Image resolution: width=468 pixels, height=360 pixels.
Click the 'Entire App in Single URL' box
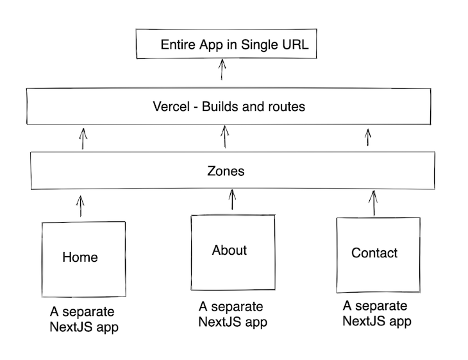[x=226, y=45]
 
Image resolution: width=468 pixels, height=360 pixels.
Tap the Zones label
[x=226, y=172]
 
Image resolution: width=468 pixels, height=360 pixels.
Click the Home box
[x=83, y=258]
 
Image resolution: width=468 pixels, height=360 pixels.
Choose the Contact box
[x=377, y=254]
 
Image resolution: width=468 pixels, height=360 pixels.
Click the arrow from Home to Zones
[x=80, y=206]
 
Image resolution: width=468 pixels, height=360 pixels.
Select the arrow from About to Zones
[x=232, y=200]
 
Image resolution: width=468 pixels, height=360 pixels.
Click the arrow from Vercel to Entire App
[x=222, y=69]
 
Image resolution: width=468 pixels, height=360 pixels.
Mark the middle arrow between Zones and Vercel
[x=224, y=137]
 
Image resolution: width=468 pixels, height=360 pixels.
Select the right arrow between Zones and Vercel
[x=368, y=137]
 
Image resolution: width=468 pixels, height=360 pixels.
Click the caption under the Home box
[x=84, y=319]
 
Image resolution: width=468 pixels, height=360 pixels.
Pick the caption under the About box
[x=232, y=314]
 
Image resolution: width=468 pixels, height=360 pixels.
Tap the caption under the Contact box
[x=376, y=313]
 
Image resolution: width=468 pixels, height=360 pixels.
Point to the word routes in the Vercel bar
[x=286, y=107]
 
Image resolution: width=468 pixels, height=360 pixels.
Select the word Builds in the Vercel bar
[x=219, y=107]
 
